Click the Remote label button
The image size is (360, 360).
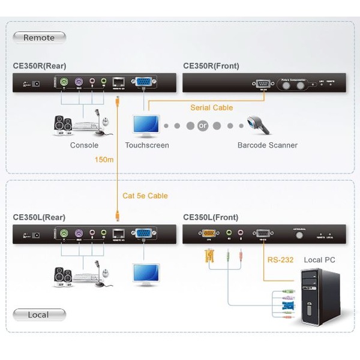[x=39, y=38]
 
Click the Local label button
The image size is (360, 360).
[x=39, y=314]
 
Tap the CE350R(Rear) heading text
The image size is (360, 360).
[x=39, y=66]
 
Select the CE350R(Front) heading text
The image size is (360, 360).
[x=211, y=66]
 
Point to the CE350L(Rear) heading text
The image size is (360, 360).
[x=39, y=217]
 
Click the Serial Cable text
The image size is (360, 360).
[x=211, y=108]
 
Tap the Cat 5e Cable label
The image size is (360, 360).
[x=146, y=196]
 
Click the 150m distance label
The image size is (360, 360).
[x=104, y=160]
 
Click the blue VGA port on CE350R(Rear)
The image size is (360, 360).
[x=143, y=82]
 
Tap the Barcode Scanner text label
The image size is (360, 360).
[x=267, y=145]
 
